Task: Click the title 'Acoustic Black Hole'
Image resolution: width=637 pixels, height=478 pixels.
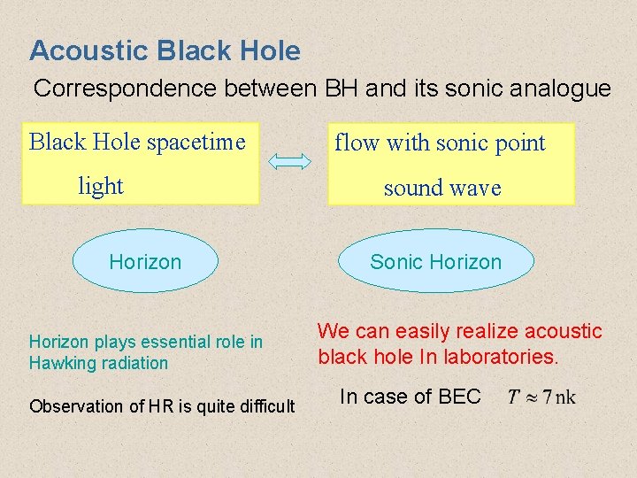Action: (x=165, y=50)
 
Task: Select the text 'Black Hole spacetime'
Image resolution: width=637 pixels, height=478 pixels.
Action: (x=137, y=142)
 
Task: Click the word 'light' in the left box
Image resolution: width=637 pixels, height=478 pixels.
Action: (x=100, y=186)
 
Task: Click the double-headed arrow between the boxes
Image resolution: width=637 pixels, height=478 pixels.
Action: (x=289, y=161)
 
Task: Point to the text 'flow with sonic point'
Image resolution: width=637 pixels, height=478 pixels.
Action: (x=439, y=143)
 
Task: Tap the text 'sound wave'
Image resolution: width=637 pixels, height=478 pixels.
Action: (x=441, y=188)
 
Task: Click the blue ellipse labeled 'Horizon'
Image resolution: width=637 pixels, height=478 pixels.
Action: (x=144, y=261)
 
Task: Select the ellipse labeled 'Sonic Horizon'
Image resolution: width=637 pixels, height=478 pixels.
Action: (x=435, y=261)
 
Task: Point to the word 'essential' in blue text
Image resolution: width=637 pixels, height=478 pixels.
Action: (x=171, y=342)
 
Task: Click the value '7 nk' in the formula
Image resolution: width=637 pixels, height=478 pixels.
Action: (x=557, y=397)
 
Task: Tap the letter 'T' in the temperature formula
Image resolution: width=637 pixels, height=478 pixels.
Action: (x=513, y=397)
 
